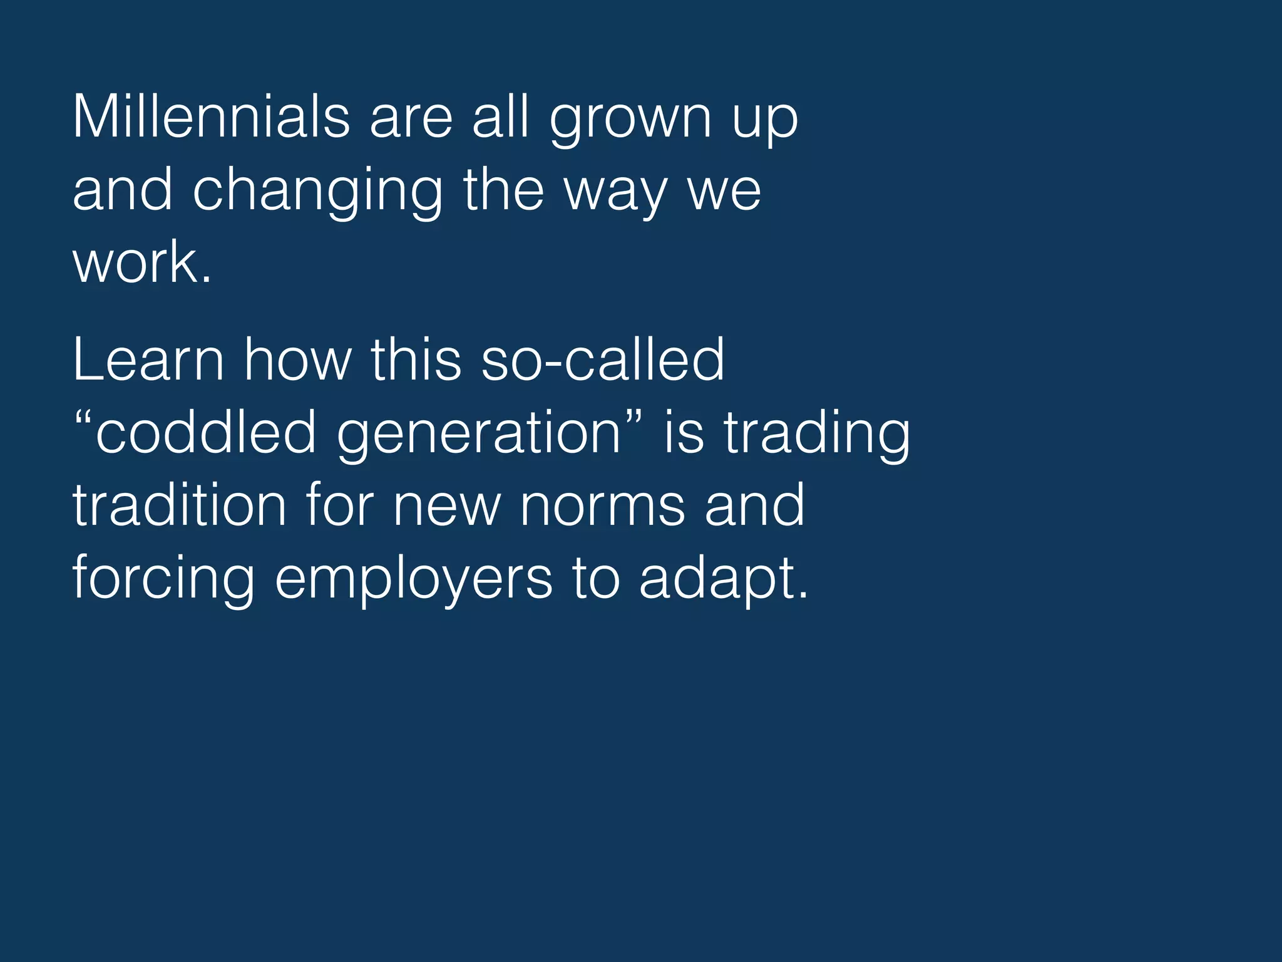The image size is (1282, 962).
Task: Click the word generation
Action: point(479,435)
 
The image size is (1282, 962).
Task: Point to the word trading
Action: point(817,435)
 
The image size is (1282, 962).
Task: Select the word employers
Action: point(414,580)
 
